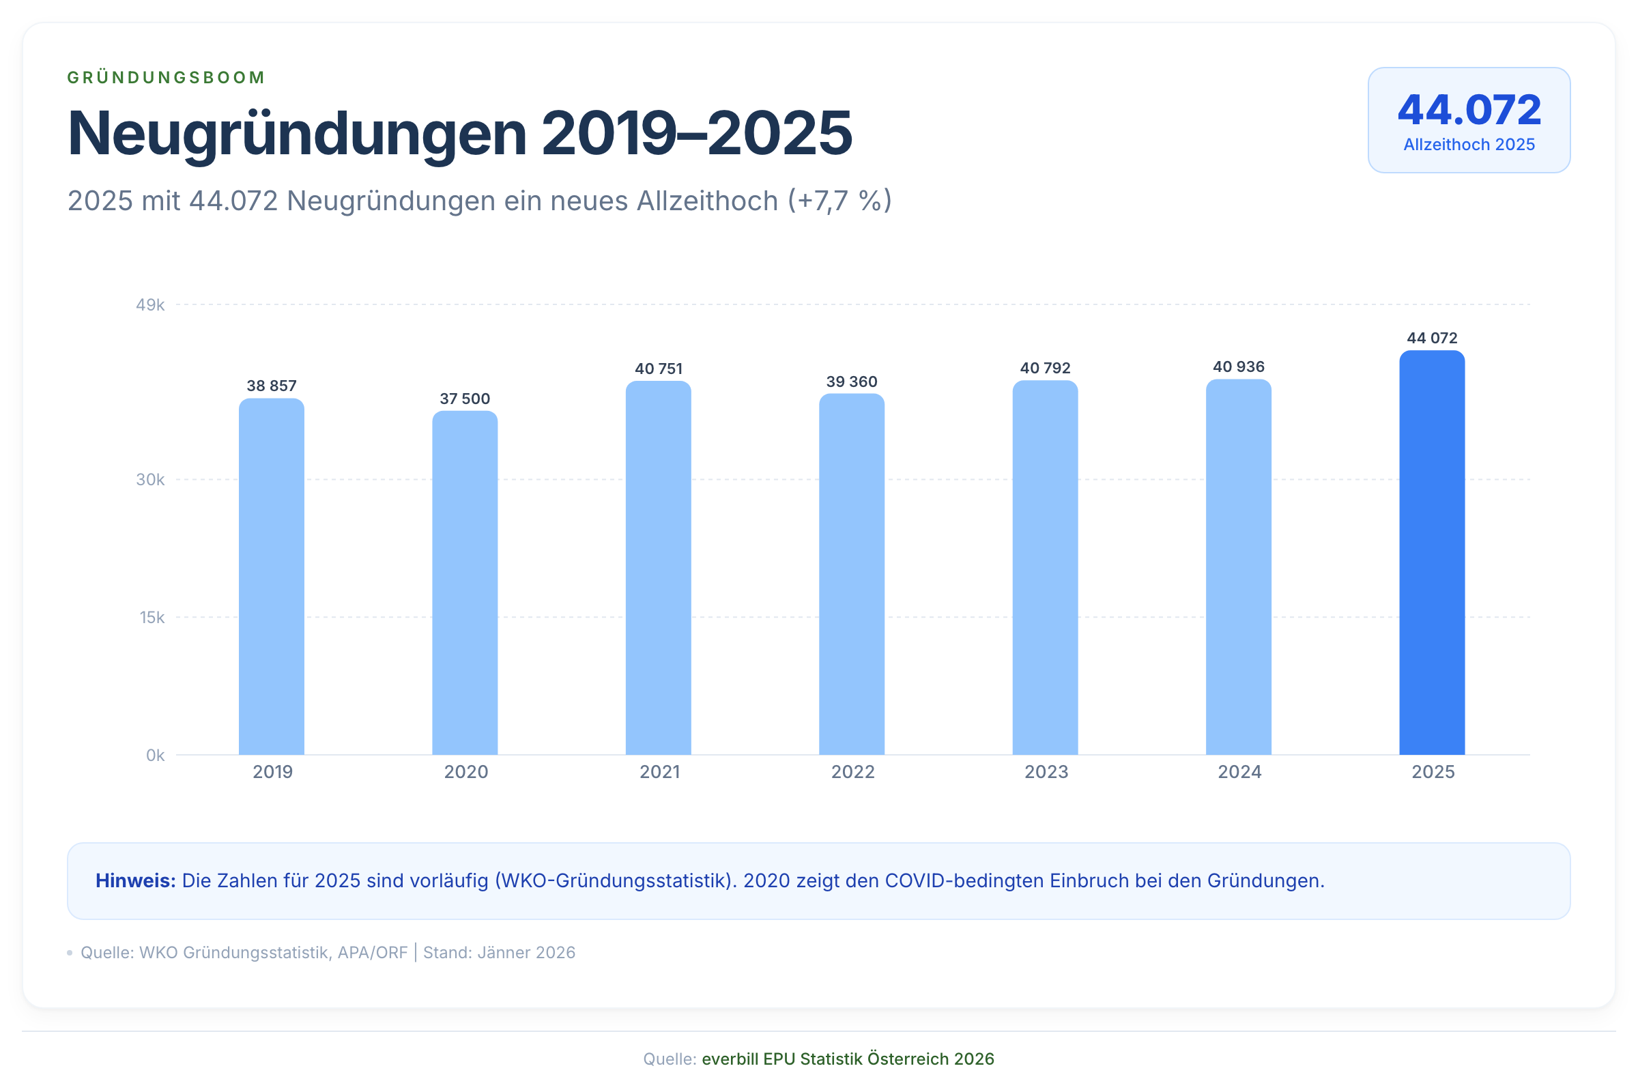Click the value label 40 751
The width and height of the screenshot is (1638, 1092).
click(x=658, y=369)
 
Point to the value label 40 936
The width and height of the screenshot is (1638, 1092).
click(x=1238, y=367)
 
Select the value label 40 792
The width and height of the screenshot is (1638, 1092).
click(x=1045, y=368)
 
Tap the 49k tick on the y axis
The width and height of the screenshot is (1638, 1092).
click(x=149, y=305)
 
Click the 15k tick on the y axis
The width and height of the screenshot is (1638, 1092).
click(x=152, y=617)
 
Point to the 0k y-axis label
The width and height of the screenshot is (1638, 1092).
click(x=155, y=755)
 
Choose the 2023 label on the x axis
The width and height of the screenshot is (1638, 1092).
click(x=1046, y=772)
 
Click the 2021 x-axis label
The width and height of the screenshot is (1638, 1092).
click(x=659, y=772)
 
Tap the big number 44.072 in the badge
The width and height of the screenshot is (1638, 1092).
click(x=1469, y=110)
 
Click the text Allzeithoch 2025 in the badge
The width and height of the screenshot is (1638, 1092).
click(x=1469, y=144)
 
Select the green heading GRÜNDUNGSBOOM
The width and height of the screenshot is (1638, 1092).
click(x=166, y=77)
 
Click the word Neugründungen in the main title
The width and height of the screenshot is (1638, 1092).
click(x=297, y=133)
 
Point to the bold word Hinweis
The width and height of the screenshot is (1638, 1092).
click(x=135, y=880)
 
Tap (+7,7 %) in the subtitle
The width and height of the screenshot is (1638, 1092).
click(x=839, y=201)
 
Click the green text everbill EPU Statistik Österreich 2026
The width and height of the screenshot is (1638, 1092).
click(x=848, y=1059)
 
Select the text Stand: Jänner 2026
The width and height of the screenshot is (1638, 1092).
click(x=499, y=952)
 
